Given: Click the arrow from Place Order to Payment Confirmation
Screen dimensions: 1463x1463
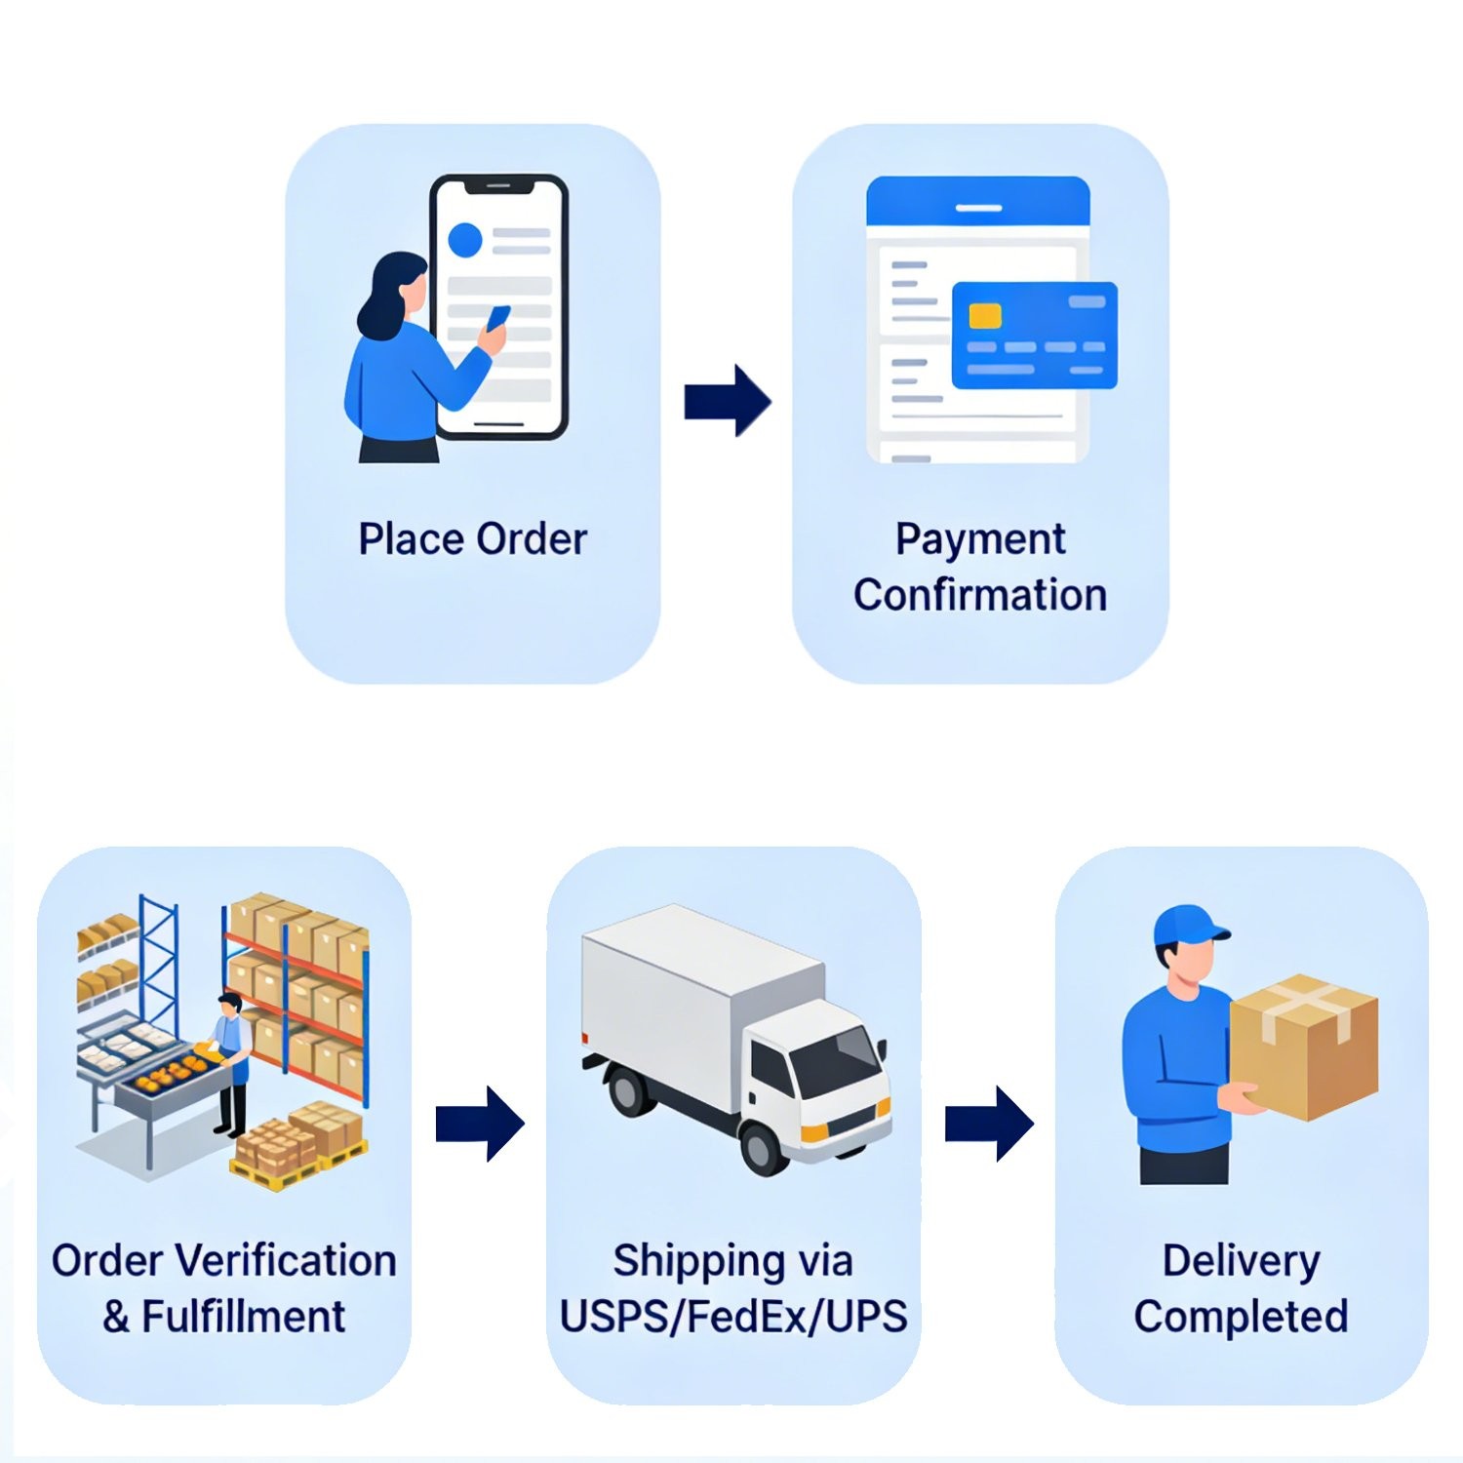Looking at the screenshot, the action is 728,401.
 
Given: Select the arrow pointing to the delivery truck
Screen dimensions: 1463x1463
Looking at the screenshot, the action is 480,1124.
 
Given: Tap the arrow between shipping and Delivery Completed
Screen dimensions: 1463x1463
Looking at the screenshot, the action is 989,1124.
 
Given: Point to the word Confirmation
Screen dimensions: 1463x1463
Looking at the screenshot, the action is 980,595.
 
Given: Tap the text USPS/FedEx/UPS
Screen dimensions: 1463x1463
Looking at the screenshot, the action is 733,1316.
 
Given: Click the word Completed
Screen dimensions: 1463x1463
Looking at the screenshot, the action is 1241,1318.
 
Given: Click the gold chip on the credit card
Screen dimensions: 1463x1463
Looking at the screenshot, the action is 985,316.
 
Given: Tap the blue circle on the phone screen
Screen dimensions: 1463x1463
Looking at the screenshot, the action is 464,240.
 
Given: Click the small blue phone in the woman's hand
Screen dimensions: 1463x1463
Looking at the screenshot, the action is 498,318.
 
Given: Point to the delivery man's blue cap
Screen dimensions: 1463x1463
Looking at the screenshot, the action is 1190,926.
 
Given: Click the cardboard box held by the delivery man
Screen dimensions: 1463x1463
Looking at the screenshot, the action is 1304,1047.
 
